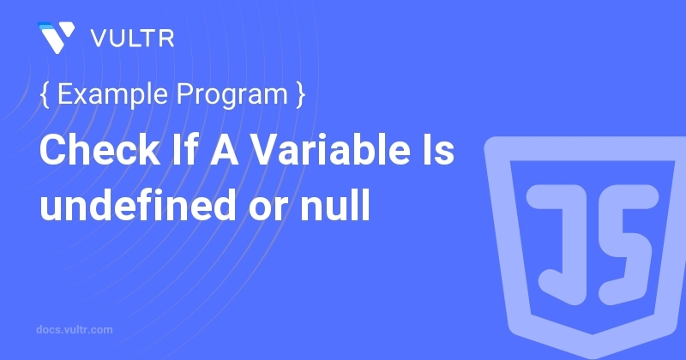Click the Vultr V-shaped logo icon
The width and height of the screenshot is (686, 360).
56,38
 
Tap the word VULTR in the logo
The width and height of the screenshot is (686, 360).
133,39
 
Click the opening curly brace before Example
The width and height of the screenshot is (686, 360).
45,94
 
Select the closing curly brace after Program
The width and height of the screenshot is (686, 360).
300,94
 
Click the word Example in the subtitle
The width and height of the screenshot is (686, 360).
112,94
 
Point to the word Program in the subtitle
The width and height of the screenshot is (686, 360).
232,95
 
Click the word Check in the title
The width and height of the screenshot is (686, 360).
100,149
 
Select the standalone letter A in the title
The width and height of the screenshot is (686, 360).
224,150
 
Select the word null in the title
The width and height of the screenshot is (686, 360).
335,203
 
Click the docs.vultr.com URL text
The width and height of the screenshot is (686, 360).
75,330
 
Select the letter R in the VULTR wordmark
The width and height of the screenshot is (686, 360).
166,39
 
